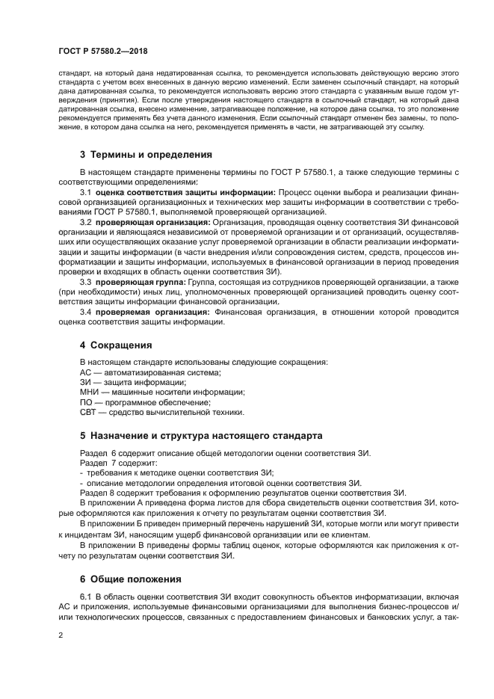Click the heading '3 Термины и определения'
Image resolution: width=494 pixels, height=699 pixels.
[146, 155]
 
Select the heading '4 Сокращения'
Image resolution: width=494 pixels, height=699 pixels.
[116, 345]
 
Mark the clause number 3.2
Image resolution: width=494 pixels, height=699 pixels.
[86, 222]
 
